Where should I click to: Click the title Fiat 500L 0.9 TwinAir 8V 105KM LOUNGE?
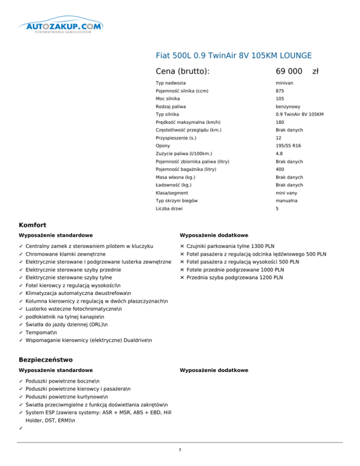[234, 56]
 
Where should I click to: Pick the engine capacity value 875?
[280, 91]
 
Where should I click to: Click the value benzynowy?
[288, 107]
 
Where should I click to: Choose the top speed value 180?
[280, 122]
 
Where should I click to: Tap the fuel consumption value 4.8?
[280, 154]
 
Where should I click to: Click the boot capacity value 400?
[280, 169]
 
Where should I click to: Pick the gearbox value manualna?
[287, 201]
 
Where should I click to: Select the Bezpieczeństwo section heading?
[45, 360]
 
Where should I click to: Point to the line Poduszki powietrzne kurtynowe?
[65, 397]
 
